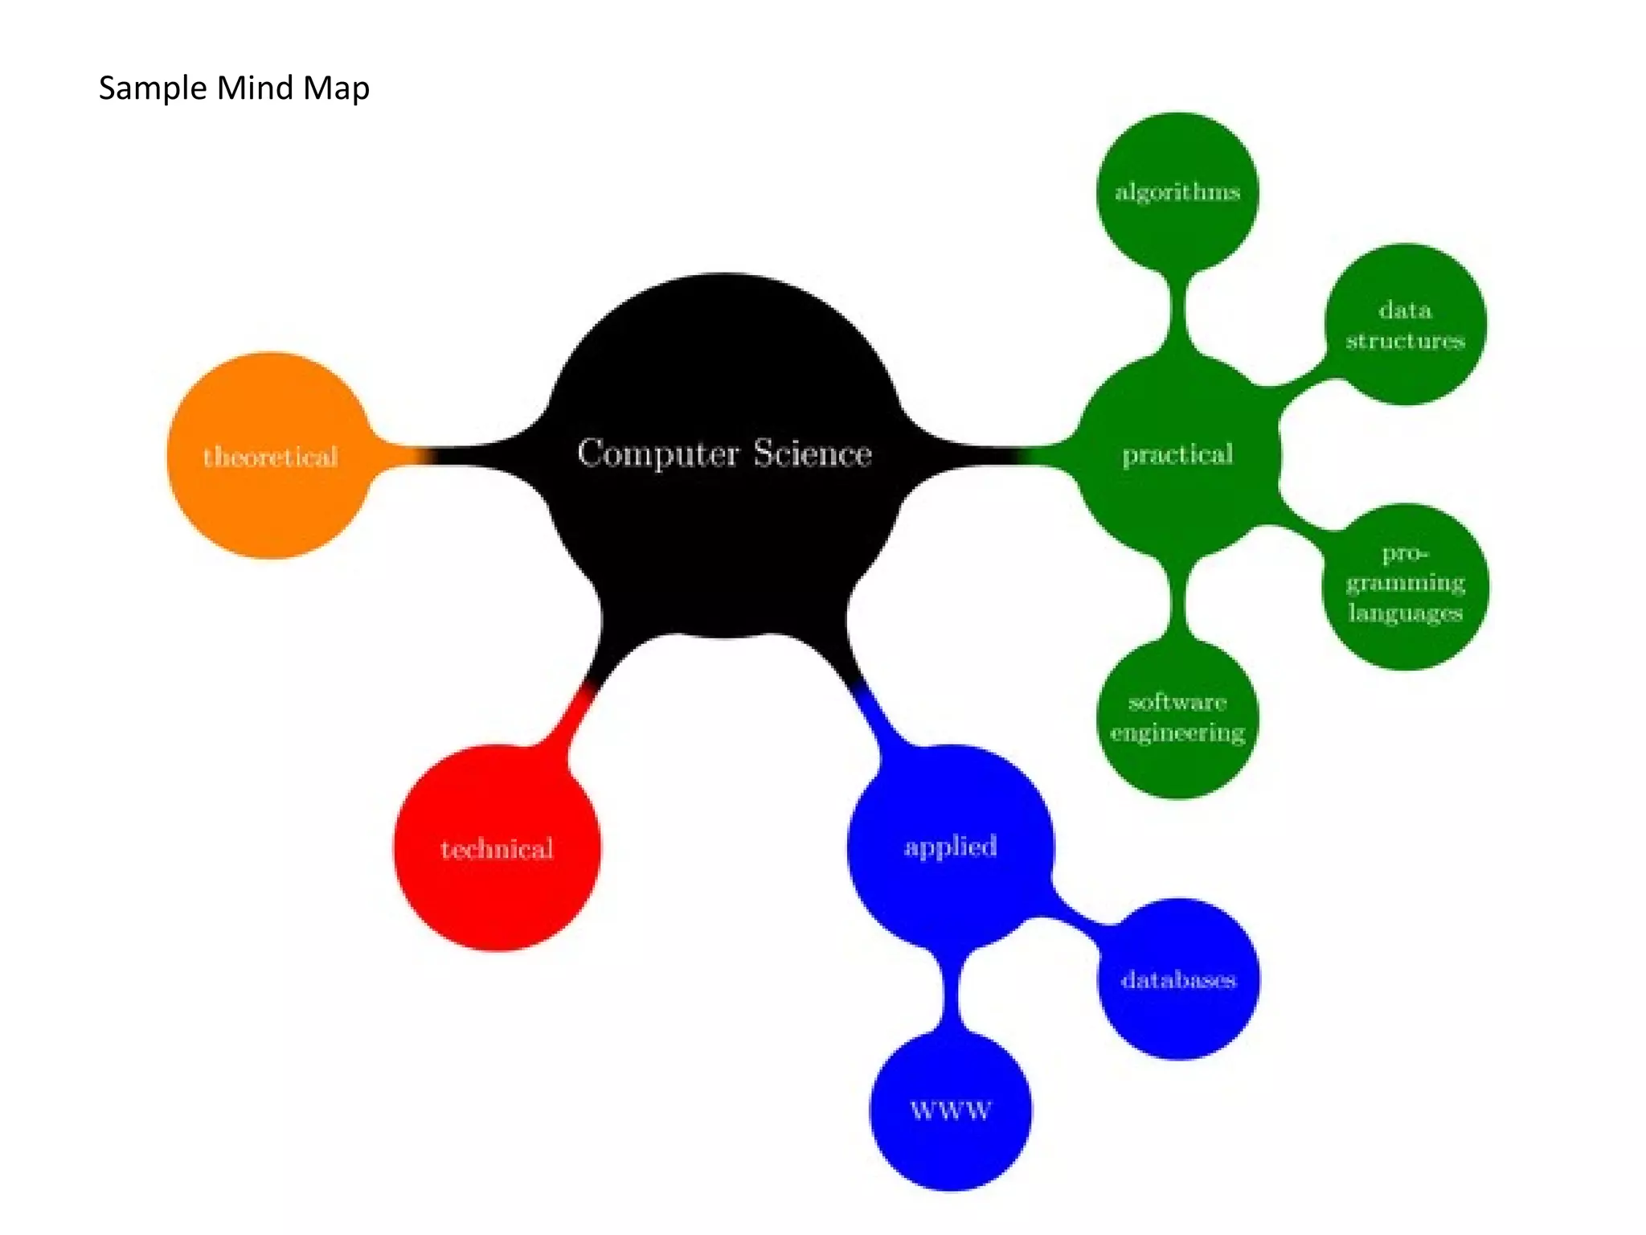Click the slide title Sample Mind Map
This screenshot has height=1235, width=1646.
click(234, 88)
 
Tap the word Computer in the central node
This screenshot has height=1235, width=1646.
click(657, 453)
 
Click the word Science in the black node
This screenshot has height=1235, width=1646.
click(812, 453)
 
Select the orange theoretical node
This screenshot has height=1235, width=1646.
click(269, 456)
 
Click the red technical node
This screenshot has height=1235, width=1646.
click(497, 848)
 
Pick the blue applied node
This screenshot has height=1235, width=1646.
click(950, 846)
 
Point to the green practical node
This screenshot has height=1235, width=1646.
click(1177, 455)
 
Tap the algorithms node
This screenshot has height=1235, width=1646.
click(1177, 191)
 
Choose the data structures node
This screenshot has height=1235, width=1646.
click(1405, 325)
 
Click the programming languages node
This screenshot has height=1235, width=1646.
click(1405, 584)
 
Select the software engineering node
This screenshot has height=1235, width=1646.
click(1177, 717)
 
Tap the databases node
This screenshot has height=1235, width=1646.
click(1178, 979)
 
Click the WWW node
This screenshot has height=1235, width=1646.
click(950, 1110)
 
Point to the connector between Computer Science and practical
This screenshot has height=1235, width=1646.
click(997, 456)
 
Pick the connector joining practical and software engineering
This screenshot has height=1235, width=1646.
click(1177, 600)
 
